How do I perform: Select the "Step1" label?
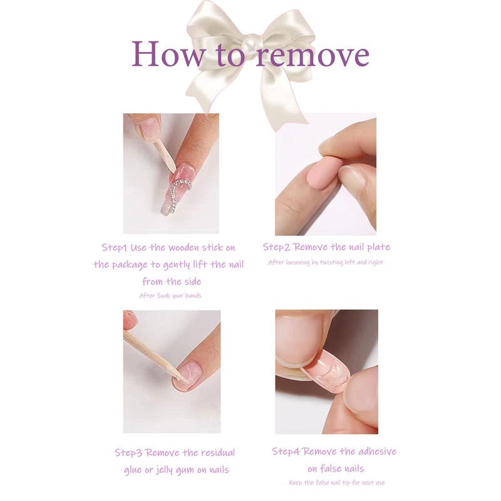coord(116,247)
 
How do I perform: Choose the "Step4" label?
coord(287,452)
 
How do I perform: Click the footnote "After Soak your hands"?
coord(170,296)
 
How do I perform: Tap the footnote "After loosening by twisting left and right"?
coord(325,262)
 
